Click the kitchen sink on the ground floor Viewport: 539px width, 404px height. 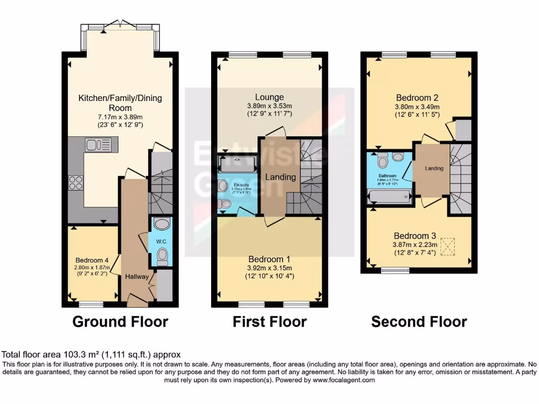pos(98,144)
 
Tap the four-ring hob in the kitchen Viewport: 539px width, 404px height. pos(76,182)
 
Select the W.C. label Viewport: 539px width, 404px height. pos(161,241)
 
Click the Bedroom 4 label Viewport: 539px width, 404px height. pos(92,260)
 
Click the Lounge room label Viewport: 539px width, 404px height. pos(269,97)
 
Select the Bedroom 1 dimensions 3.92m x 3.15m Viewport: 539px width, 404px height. pos(269,268)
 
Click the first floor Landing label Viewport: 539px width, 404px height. pos(280,177)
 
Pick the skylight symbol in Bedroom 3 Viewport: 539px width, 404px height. pos(448,246)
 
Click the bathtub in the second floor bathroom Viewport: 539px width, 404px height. pos(389,197)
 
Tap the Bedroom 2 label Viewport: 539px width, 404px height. pos(417,97)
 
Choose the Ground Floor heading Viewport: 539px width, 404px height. pos(120,321)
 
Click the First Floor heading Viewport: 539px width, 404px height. pos(269,321)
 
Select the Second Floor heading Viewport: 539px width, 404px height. pos(419,321)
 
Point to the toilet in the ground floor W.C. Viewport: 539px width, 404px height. pos(162,257)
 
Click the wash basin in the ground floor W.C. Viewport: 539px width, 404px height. pos(162,224)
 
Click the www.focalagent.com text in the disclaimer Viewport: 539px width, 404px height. pos(343,380)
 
